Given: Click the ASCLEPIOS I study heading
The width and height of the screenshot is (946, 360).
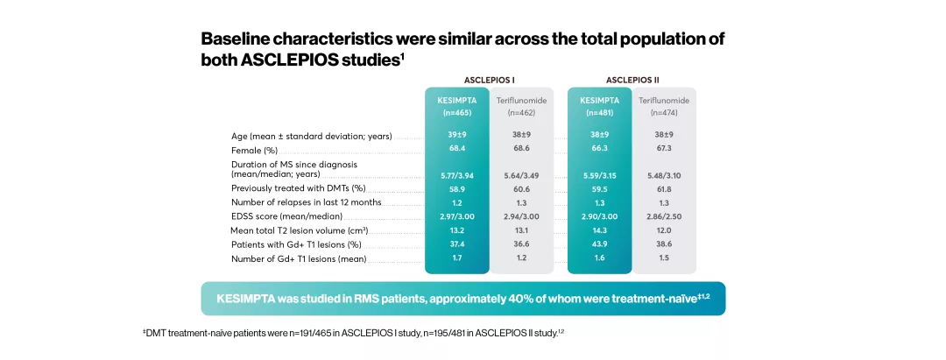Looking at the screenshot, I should click(489, 79).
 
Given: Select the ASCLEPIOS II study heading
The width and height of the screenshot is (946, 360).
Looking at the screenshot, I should click(632, 79).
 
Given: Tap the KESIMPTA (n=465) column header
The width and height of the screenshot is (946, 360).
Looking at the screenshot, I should click(455, 106).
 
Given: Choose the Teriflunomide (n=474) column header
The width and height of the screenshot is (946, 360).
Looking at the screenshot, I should click(664, 106).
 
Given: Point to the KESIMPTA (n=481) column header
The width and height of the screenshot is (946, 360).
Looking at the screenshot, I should click(599, 106).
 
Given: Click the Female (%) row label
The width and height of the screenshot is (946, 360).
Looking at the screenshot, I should click(254, 150).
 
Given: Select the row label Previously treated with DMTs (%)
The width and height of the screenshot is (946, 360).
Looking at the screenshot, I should click(298, 188).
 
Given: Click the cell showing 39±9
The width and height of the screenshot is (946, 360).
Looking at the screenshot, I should click(455, 135).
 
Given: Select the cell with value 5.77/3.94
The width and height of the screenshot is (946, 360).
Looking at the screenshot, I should click(455, 175).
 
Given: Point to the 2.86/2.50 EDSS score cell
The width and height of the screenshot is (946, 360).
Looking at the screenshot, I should click(664, 215).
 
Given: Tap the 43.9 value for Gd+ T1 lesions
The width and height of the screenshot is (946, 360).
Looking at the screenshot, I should click(599, 244).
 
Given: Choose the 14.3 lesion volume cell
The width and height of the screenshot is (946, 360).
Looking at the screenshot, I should click(599, 230).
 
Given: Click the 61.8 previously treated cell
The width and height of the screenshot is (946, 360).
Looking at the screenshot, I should click(664, 188).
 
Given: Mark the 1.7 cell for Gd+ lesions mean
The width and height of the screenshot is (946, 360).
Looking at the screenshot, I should click(455, 258).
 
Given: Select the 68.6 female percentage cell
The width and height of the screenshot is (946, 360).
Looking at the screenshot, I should click(521, 149).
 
